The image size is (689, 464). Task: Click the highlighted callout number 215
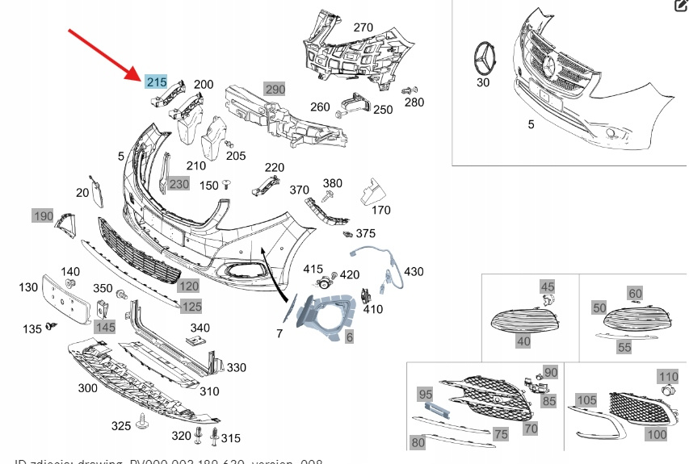coord(156,82)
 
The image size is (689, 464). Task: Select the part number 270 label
coord(363,27)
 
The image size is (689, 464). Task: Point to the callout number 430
coord(414,271)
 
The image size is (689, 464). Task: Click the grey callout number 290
coord(275,89)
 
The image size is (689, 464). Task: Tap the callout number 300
coord(87,388)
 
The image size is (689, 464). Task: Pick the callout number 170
coord(381,210)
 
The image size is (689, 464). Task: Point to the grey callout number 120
coord(188,286)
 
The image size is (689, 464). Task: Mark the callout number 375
coord(366,233)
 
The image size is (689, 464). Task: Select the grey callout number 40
coord(523,341)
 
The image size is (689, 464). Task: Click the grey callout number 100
coord(657,434)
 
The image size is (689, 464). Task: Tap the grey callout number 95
coord(425,394)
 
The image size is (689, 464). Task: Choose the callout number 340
coord(200,328)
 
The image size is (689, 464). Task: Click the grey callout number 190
coord(42,215)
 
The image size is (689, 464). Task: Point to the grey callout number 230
coord(179,184)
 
